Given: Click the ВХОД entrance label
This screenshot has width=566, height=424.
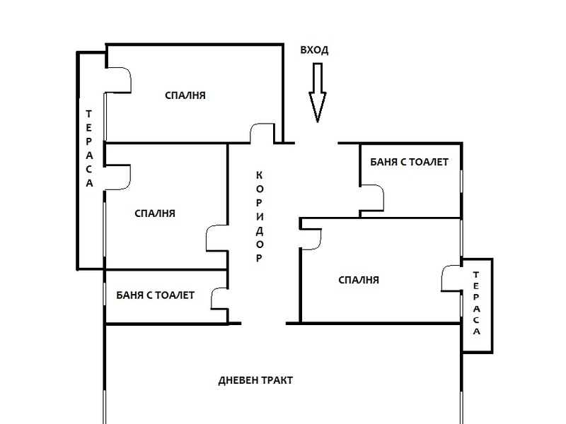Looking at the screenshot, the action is point(314,50).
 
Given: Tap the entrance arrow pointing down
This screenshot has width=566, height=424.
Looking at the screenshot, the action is point(317,93).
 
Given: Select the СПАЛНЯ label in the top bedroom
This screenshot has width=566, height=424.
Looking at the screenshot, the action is point(185,95).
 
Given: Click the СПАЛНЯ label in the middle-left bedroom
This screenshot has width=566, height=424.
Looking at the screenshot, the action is point(155,213).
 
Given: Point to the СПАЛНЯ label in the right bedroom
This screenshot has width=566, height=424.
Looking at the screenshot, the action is point(359,280).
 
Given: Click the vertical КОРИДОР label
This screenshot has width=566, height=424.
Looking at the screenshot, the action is point(260,217).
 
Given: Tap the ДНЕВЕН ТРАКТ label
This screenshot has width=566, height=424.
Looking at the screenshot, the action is point(255,380).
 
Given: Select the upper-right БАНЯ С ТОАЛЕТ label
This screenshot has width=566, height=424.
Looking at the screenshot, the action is point(410,162).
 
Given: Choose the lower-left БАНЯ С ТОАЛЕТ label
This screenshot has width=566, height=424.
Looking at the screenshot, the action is point(155,295).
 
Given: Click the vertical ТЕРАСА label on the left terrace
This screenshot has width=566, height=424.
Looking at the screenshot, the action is point(89,148).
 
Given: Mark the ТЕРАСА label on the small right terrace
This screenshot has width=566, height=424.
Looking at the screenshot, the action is point(476,303).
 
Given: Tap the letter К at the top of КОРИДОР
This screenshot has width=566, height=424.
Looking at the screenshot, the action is point(260,175).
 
